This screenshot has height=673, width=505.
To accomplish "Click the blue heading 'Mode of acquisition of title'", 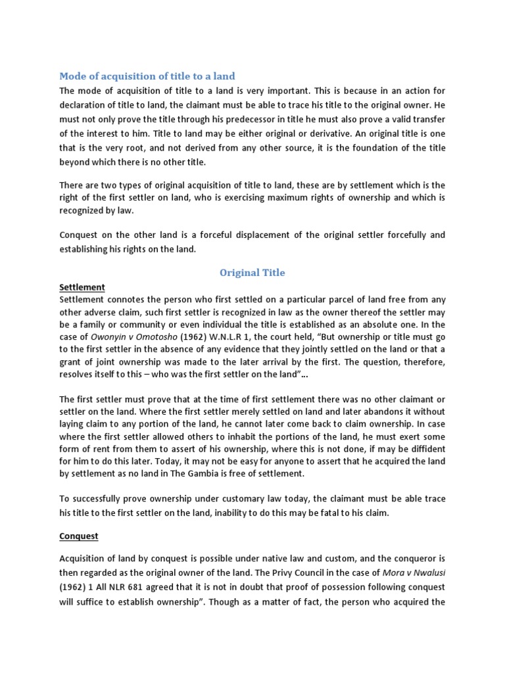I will click(147, 76).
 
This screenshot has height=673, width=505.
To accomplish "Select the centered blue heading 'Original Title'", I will click(252, 272).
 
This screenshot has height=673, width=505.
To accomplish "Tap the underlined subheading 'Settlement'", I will click(82, 287).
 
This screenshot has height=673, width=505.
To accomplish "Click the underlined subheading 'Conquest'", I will click(79, 536).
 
